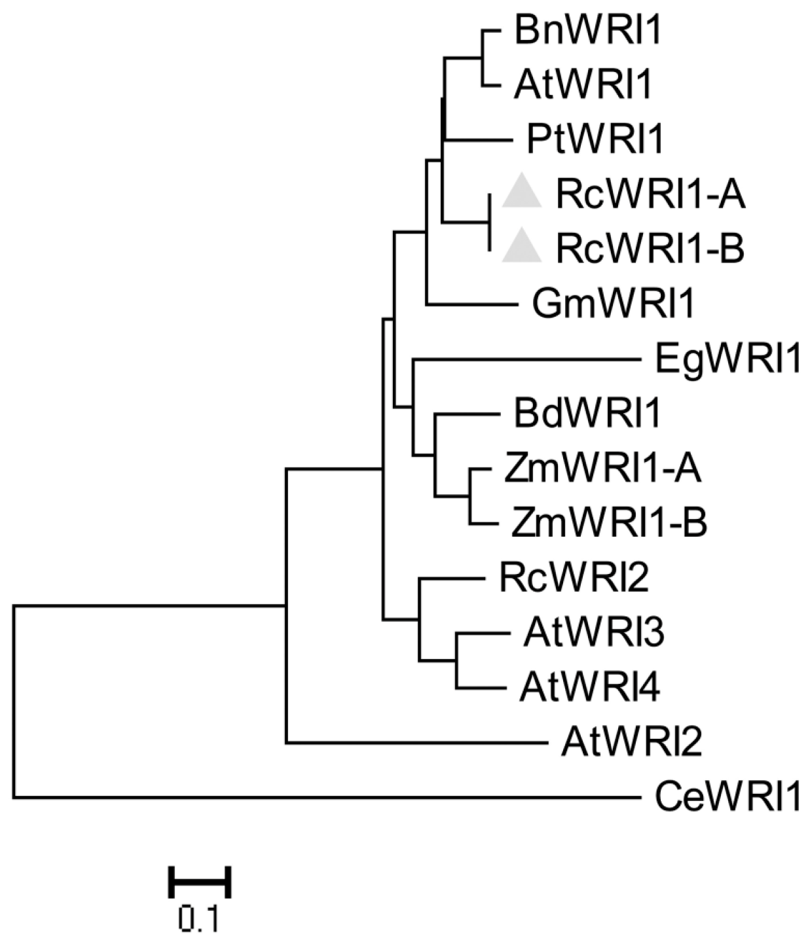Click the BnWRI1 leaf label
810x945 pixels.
coord(586,31)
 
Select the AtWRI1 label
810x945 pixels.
coord(583,85)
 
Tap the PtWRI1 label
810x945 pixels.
coord(595,139)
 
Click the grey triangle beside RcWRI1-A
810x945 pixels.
coord(522,193)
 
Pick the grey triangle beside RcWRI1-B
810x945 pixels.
coord(522,247)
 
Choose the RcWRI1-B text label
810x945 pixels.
coord(650,248)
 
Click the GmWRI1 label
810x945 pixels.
coord(612,303)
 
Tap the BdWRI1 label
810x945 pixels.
coord(586,414)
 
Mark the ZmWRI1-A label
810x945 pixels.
coord(602,469)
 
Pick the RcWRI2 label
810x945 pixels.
coord(574,578)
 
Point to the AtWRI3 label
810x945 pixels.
coord(594,632)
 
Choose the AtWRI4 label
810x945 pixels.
coord(589,687)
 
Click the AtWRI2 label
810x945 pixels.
coord(631,742)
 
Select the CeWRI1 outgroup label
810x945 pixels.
coord(727,797)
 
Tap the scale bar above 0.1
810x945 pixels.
coord(200,881)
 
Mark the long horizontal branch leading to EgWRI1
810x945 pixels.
coord(524,359)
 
